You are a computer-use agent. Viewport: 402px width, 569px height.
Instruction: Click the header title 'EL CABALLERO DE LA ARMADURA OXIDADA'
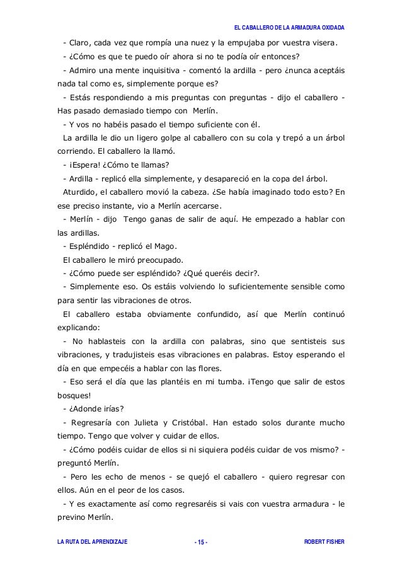pos(289,28)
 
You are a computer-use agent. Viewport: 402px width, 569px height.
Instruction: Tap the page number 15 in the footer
pos(201,542)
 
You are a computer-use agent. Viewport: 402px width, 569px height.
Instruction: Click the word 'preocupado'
pos(161,260)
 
